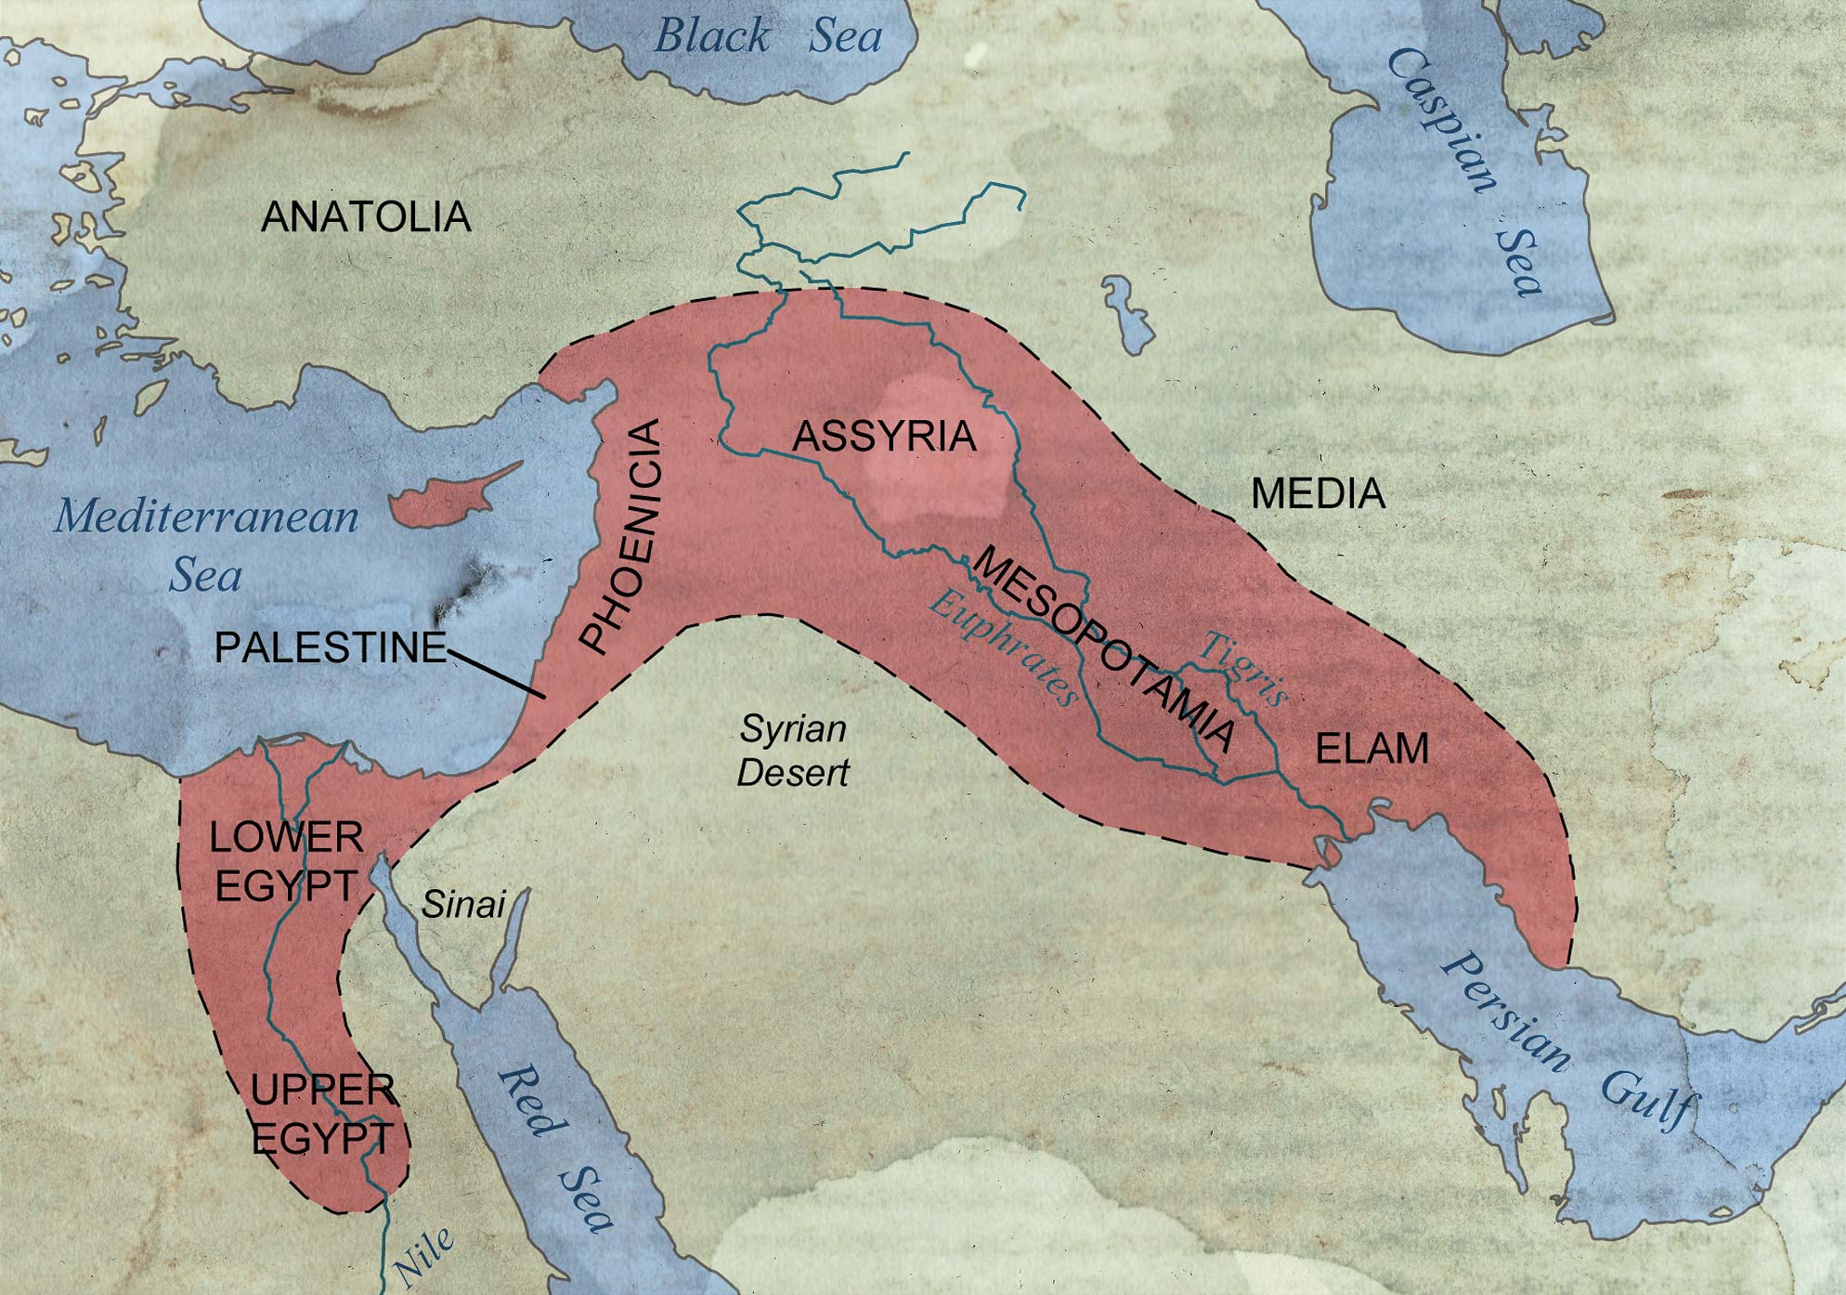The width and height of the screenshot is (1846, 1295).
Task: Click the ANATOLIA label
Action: coord(366,217)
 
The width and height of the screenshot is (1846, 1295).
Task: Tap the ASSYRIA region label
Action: coord(883,437)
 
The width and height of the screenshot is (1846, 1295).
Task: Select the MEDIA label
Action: coord(1318,493)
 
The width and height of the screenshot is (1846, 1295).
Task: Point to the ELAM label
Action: coord(1371,749)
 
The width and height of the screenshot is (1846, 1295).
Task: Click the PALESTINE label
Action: coord(331,647)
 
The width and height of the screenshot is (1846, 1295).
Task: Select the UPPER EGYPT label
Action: coord(322,1113)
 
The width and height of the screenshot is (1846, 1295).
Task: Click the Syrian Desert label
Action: coord(793,751)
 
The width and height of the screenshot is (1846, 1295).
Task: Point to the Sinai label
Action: coord(463,904)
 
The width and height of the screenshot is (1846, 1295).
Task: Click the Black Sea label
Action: coord(768,37)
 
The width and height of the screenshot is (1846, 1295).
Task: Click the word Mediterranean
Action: coord(206,517)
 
